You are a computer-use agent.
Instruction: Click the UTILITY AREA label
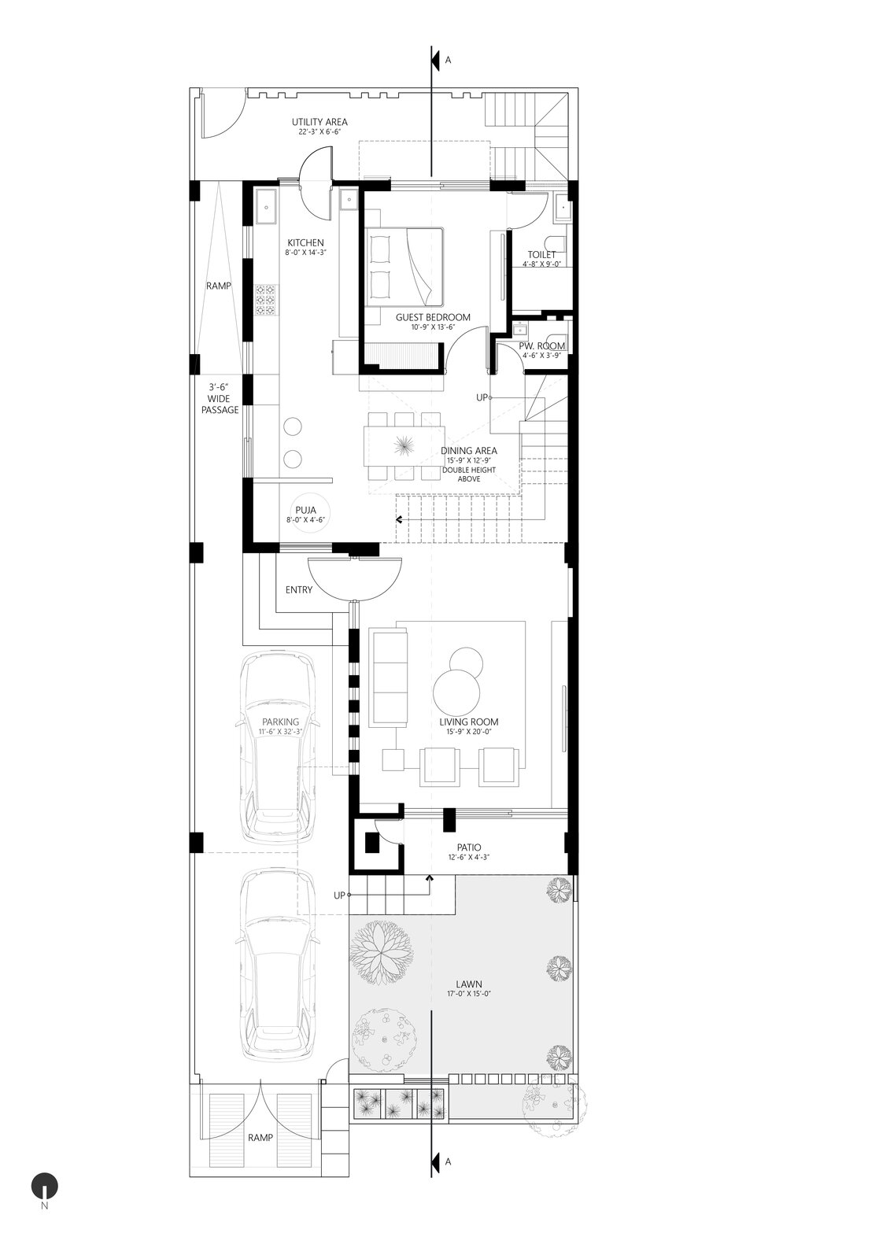click(x=319, y=122)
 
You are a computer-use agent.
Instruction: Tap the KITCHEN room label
click(x=305, y=242)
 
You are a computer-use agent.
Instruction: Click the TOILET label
click(x=541, y=255)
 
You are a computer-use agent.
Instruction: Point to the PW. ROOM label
click(x=542, y=346)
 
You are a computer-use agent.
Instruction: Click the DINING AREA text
click(x=469, y=451)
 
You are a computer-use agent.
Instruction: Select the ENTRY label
click(x=299, y=590)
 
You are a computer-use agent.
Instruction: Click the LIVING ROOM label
click(x=469, y=722)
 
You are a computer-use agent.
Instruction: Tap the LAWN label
click(x=469, y=984)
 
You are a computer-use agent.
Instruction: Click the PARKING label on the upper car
click(x=281, y=722)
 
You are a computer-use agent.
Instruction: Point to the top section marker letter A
click(x=449, y=60)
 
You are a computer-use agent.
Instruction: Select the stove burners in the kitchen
click(x=265, y=300)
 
